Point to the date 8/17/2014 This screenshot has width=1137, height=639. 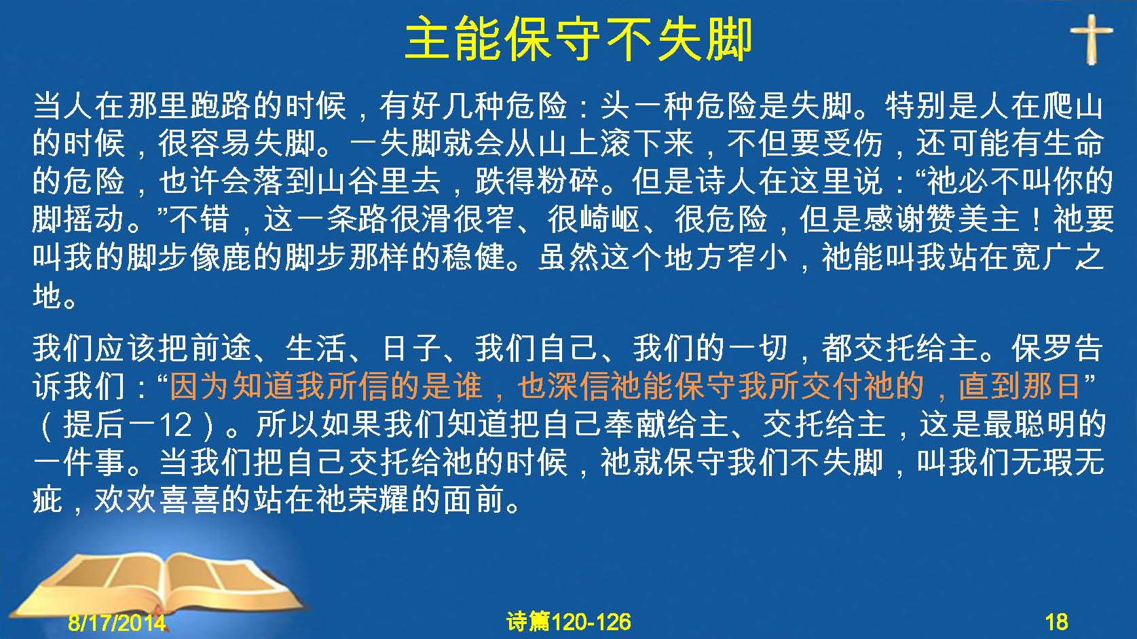117,622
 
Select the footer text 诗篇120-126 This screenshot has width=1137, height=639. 569,622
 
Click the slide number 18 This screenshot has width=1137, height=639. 1056,622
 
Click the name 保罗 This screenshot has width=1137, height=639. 1041,348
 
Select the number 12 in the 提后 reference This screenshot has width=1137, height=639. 175,424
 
